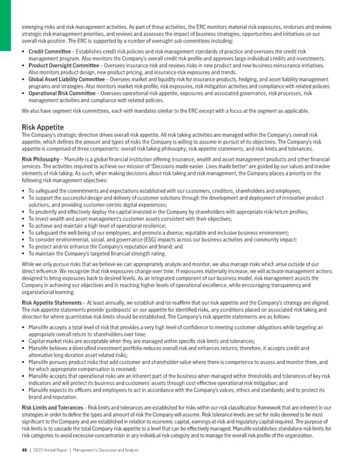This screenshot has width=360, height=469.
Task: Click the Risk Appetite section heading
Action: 42,127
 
